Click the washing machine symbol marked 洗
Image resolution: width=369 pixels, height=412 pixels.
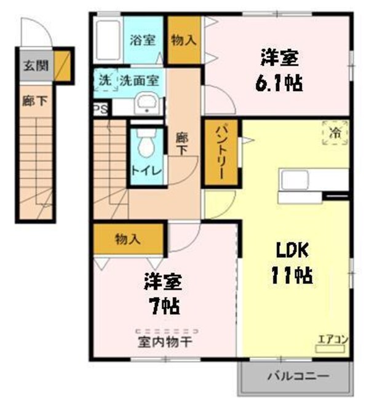[105, 80]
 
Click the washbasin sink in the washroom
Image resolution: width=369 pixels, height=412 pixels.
[146, 103]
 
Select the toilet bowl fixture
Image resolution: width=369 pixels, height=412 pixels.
[146, 145]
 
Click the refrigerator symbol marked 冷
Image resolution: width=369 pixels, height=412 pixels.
[335, 132]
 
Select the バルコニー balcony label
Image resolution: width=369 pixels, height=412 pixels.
[298, 376]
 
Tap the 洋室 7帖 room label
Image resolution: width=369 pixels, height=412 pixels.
[163, 294]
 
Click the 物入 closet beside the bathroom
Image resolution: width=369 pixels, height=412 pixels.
[184, 41]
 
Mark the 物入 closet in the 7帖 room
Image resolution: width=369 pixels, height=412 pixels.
[128, 239]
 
